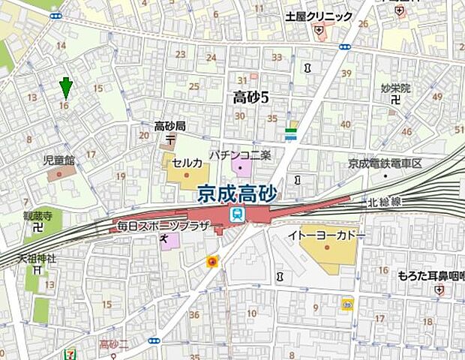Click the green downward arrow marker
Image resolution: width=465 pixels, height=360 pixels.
tap(67, 88)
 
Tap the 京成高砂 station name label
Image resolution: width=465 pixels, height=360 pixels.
tap(237, 194)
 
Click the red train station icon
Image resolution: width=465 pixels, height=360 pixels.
tap(237, 215)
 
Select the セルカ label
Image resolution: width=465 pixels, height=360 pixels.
tap(187, 163)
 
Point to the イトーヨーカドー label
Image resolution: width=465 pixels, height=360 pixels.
tap(326, 235)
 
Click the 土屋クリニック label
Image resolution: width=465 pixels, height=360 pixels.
tap(319, 16)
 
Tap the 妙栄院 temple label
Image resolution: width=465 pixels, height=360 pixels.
tap(395, 88)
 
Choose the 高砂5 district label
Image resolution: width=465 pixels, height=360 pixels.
tap(250, 96)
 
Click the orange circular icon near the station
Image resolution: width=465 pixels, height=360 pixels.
tap(213, 262)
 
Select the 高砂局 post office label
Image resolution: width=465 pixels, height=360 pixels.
tap(169, 126)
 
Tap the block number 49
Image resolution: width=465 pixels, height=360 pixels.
tap(438, 96)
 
